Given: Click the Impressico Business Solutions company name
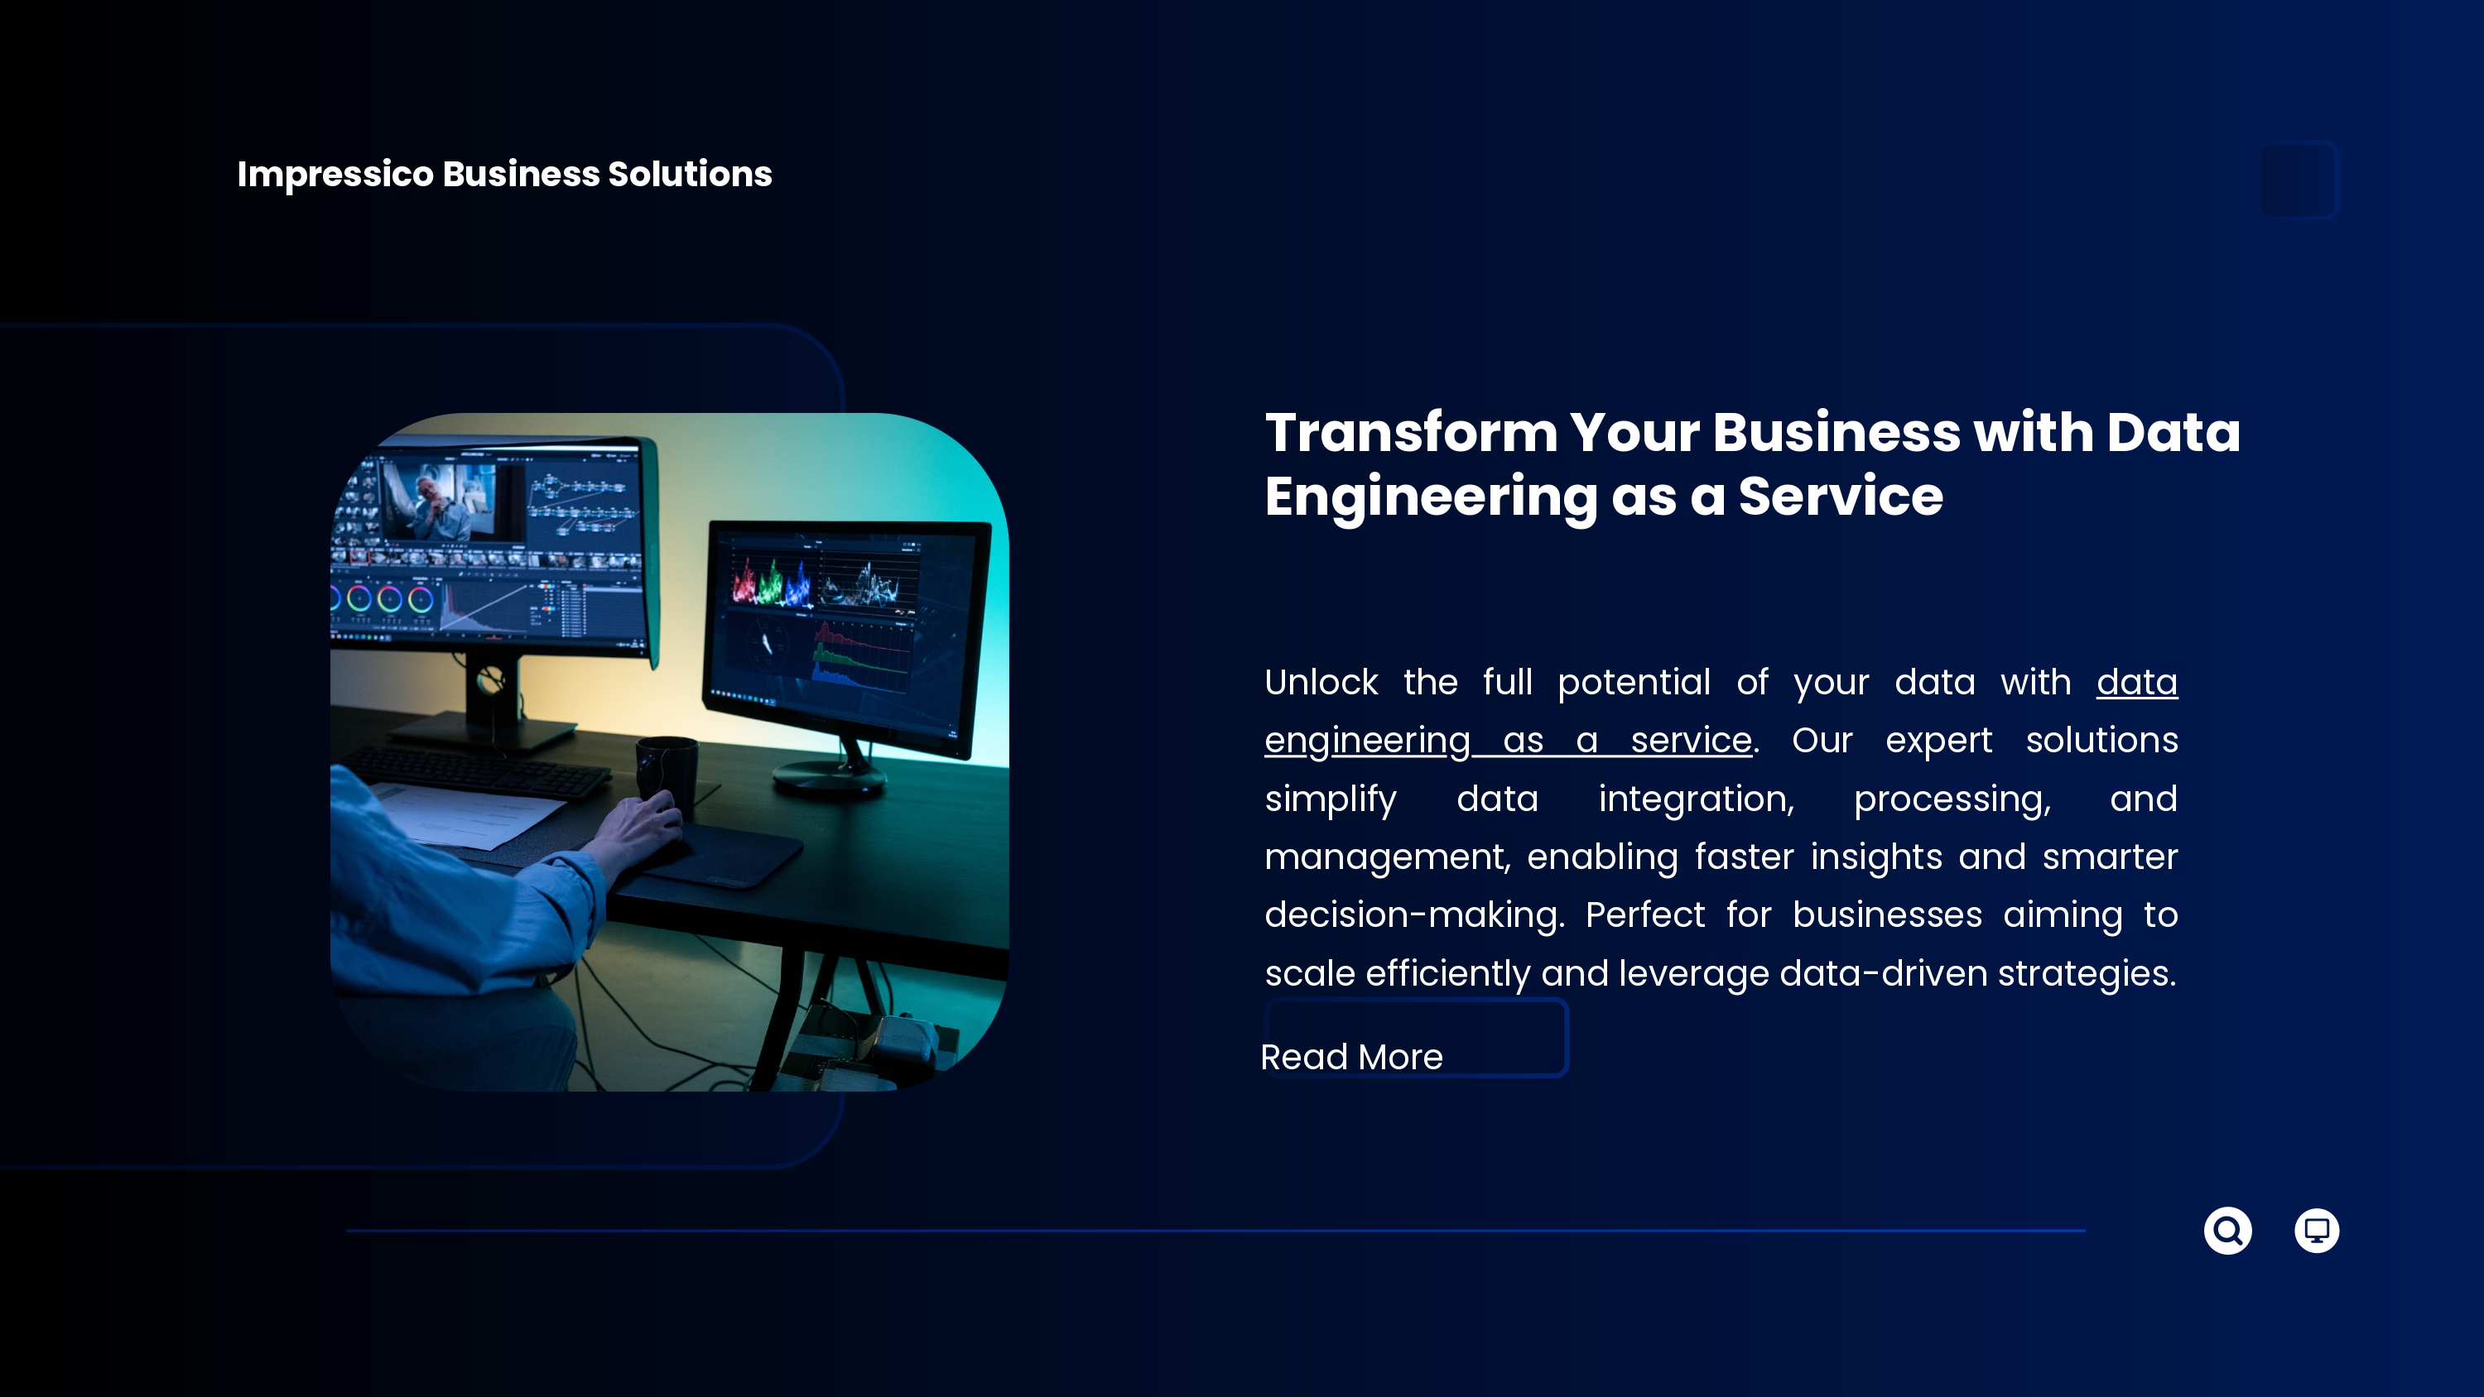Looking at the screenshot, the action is point(504,175).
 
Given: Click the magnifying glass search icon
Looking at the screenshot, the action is point(2227,1230).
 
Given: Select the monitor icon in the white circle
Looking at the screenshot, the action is point(2316,1230).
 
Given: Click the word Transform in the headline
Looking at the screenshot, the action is point(1412,432).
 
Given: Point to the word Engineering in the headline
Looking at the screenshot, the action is point(1431,497).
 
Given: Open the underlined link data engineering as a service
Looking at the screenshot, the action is point(1721,711).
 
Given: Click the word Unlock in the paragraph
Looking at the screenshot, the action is point(1321,682).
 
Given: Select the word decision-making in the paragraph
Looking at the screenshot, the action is point(1413,915).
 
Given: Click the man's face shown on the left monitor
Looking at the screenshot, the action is point(432,492).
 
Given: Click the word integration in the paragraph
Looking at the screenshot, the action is point(1697,799).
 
